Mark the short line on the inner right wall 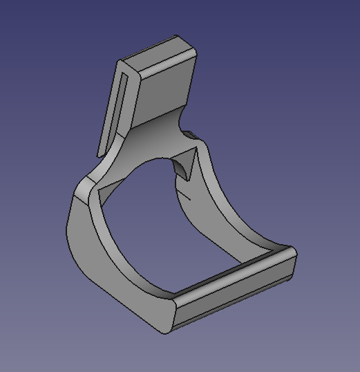click(x=184, y=196)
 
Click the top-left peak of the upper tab click(x=118, y=62)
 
